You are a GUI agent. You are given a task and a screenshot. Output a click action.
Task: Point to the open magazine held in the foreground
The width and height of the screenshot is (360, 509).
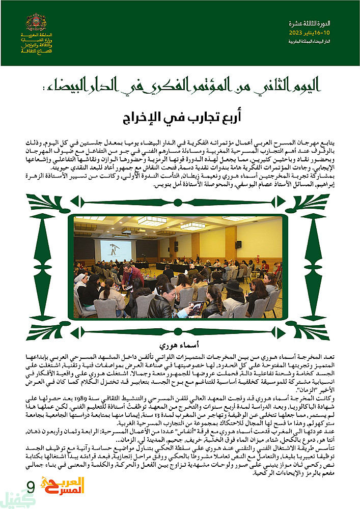[x=196, y=307]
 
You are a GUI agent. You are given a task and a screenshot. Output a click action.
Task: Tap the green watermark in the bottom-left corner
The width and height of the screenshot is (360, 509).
[x=15, y=499]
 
